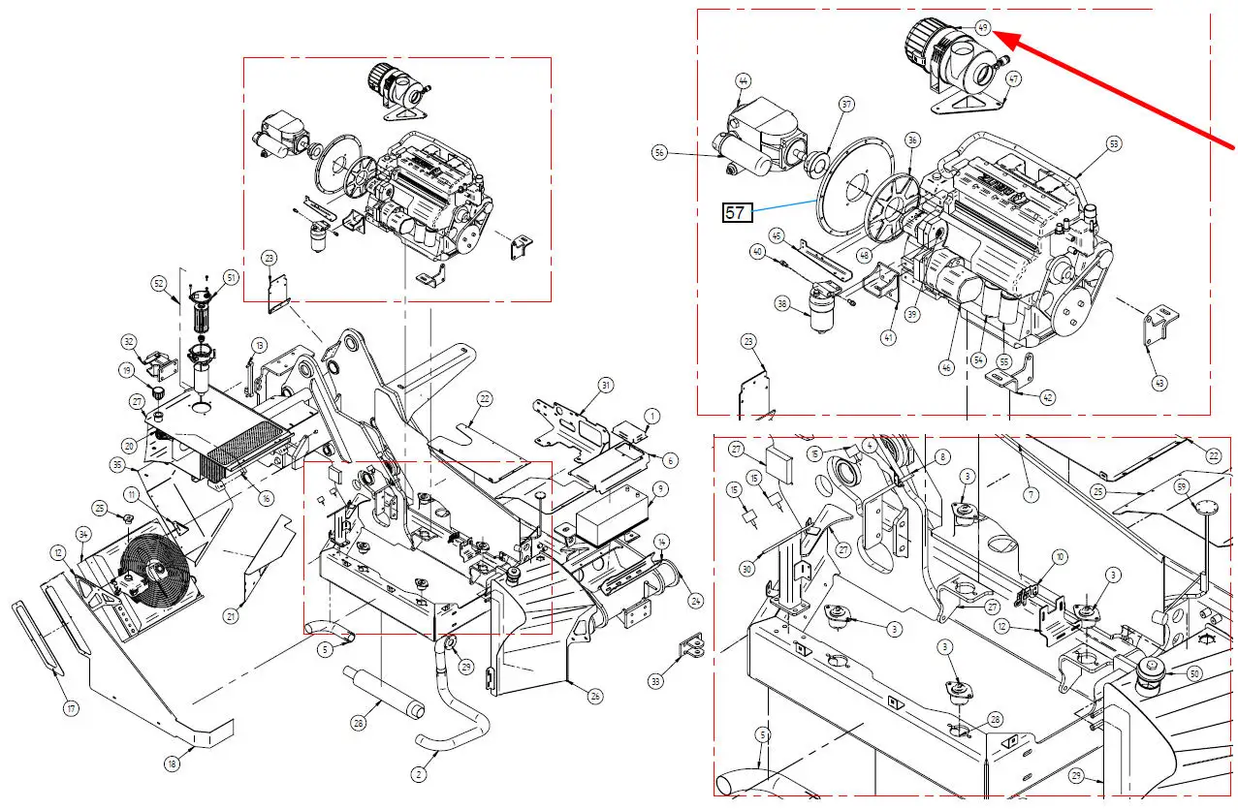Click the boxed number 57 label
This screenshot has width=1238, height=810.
[x=737, y=212]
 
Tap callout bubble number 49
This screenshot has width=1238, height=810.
[x=982, y=28]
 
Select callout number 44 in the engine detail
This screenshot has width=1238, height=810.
[x=744, y=80]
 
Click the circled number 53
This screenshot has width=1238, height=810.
[x=1113, y=143]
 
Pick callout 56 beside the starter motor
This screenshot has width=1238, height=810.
[x=660, y=152]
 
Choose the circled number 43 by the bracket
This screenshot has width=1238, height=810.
[x=1159, y=382]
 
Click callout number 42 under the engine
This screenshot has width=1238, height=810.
[x=1048, y=397]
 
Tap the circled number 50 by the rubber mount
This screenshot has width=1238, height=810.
[x=1193, y=673]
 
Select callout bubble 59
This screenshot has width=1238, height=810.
[x=1181, y=485]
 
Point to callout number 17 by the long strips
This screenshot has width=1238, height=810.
[x=71, y=708]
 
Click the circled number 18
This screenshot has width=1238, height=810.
[x=172, y=763]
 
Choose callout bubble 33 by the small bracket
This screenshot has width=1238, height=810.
[x=656, y=681]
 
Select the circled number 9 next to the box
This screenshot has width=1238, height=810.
[x=660, y=488]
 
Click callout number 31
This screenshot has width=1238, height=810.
[x=606, y=386]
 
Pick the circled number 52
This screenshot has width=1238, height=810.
[x=159, y=283]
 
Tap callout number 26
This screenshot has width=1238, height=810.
[x=595, y=695]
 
